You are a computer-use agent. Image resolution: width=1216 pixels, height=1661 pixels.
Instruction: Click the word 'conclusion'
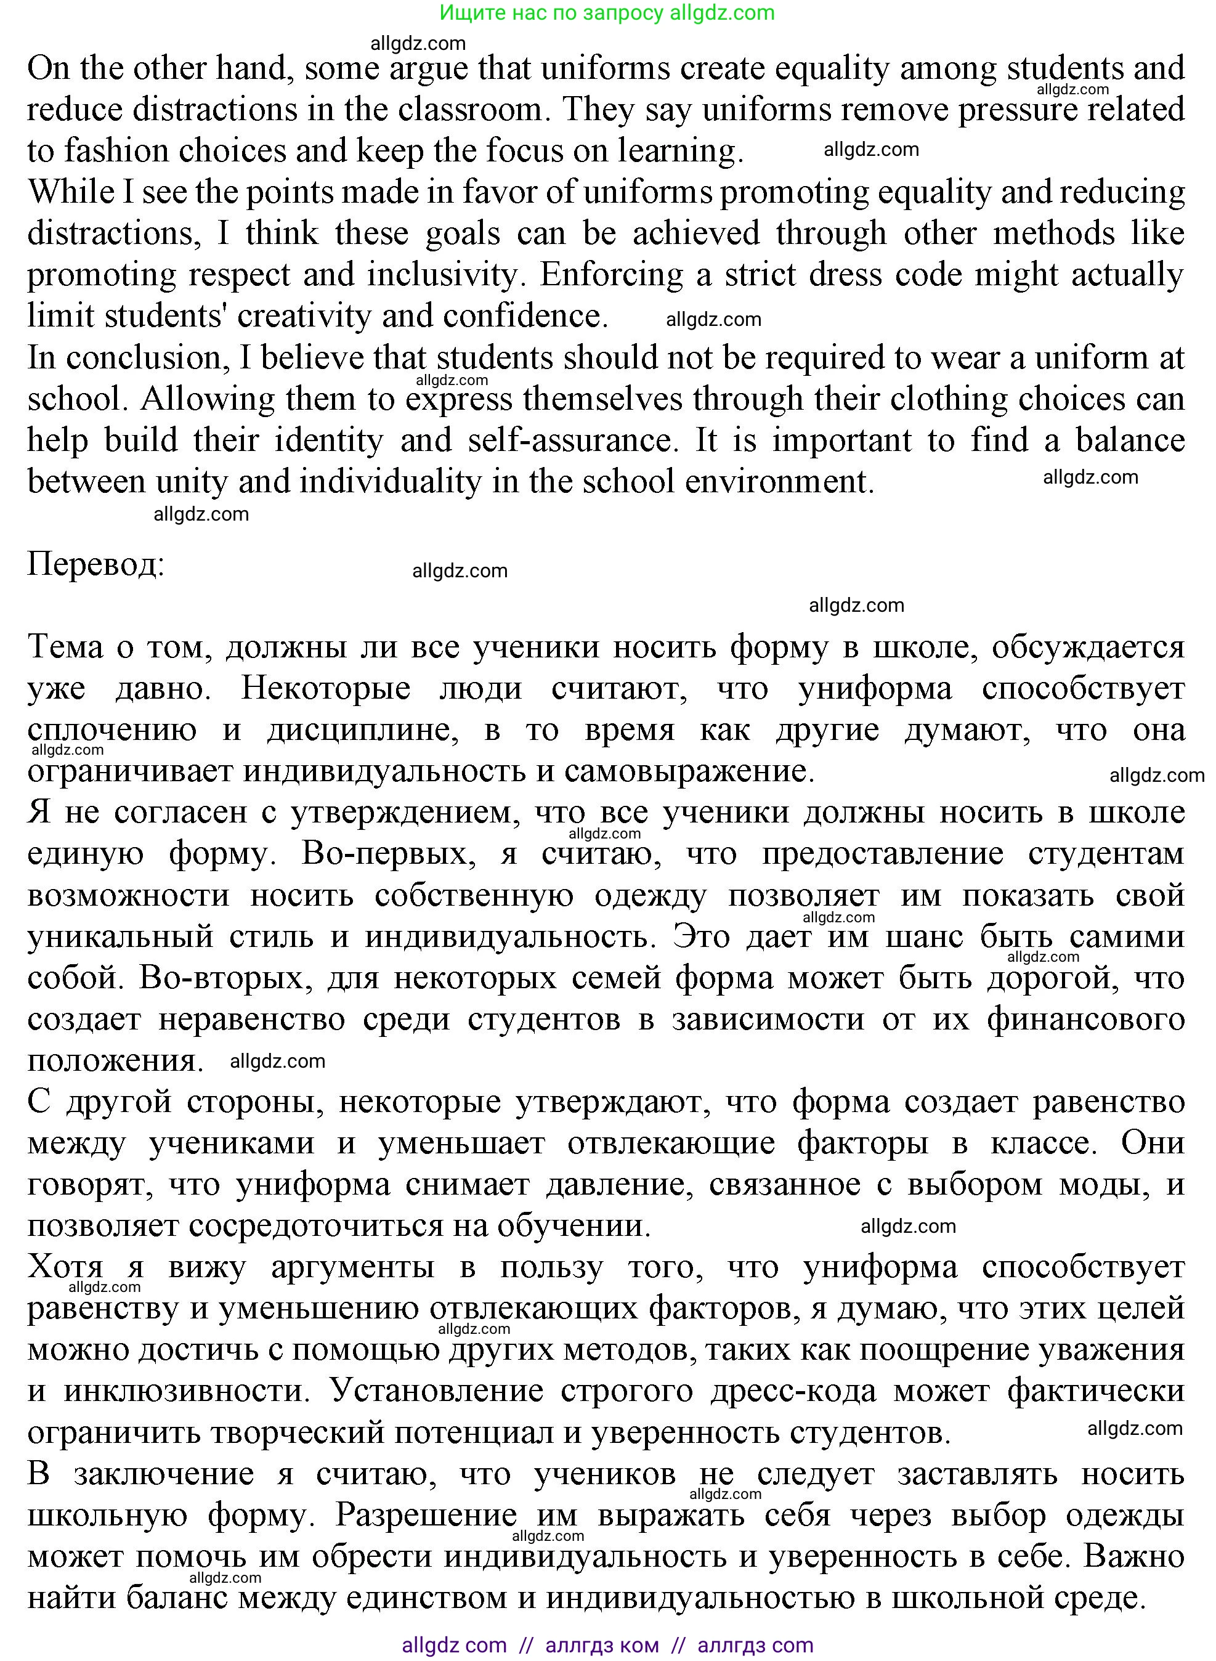pyautogui.click(x=144, y=358)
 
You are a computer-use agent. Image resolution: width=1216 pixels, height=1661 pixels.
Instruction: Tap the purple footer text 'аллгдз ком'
pyautogui.click(x=602, y=1646)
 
